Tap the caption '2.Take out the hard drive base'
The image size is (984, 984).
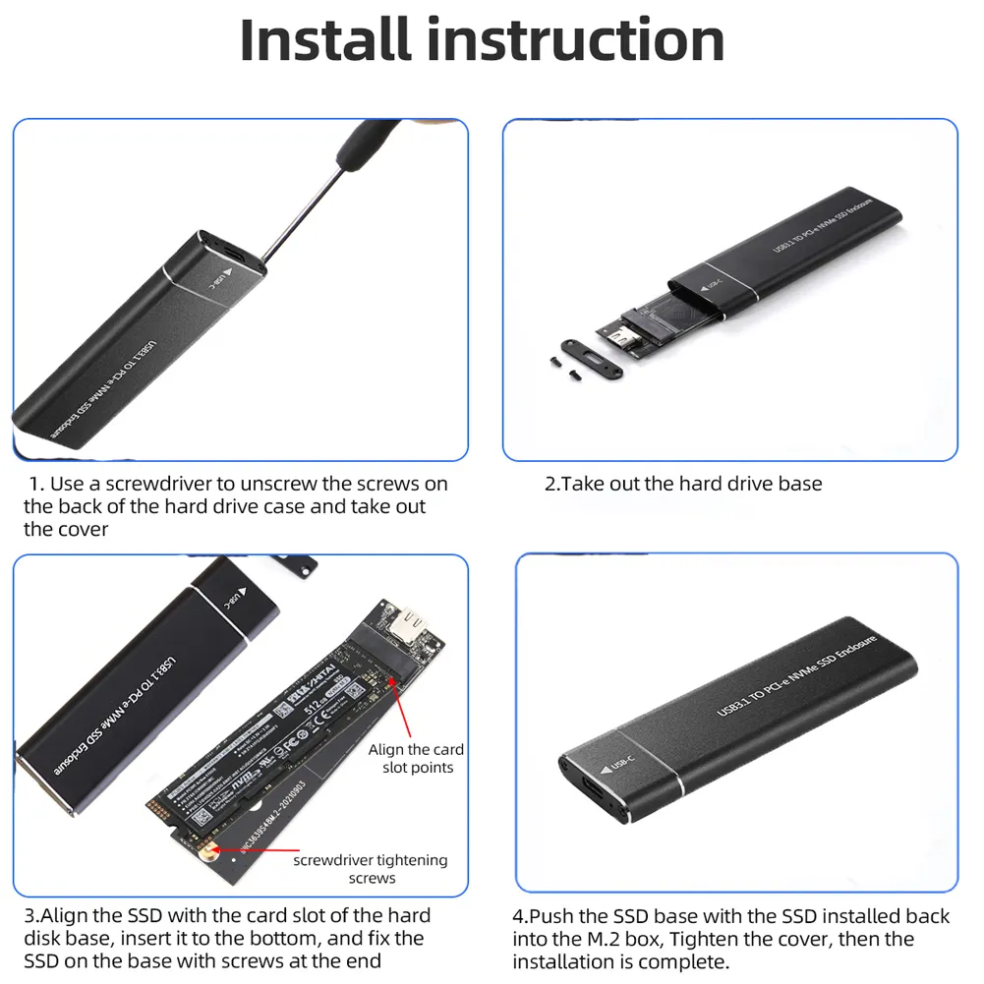683,484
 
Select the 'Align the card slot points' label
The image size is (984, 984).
417,758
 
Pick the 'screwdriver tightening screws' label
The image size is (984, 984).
371,869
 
